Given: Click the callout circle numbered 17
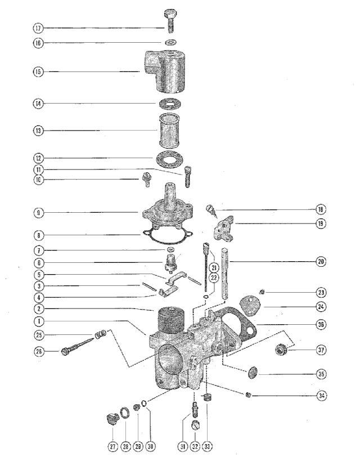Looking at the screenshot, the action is coord(38,28).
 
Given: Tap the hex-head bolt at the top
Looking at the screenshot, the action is coord(170,21).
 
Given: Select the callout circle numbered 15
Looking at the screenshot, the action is coord(38,71).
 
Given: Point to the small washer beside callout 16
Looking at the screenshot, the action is coord(170,42).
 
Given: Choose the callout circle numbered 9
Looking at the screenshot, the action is coord(38,213).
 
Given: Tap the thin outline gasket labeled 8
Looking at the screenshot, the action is coord(168,236).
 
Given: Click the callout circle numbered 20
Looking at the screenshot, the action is coord(321,261).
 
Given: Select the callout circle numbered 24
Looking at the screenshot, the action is coord(321,307).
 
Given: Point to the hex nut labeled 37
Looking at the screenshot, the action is coord(282,349).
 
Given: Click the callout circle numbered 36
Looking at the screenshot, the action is coord(321,324).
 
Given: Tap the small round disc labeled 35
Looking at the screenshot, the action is coord(253,373).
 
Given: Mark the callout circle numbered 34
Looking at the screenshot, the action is coord(322,396).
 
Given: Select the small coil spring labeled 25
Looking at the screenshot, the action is coord(101,334).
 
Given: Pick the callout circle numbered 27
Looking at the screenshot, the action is coord(112,446).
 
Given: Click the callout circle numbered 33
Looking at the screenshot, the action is coord(207,446).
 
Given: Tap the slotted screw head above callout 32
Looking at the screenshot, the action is coord(195,425).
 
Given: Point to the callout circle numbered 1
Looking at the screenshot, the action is coord(38,321).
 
